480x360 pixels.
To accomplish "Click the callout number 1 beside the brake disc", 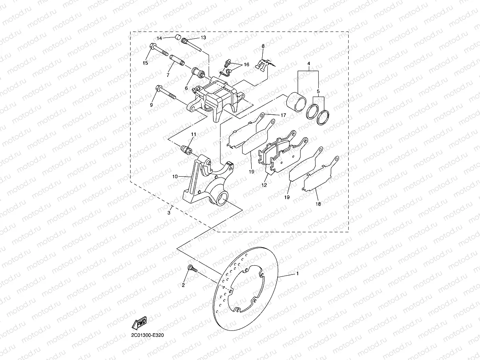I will point(298,273).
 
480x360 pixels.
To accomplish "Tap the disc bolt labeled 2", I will point(191,269).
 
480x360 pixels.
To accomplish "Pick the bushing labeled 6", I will point(198,73).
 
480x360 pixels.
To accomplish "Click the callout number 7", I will point(168,75).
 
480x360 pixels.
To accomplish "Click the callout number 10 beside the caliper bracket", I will point(176,176).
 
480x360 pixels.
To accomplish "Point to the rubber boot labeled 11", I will point(186,150).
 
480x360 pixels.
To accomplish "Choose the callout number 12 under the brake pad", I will point(264,185).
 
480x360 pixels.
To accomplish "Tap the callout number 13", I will point(204,37).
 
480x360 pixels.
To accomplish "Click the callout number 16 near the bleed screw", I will point(246,64).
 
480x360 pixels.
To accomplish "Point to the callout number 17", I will point(283,115).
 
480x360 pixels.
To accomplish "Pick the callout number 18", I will point(318,204).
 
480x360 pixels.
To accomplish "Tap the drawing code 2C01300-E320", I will point(148,335).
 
